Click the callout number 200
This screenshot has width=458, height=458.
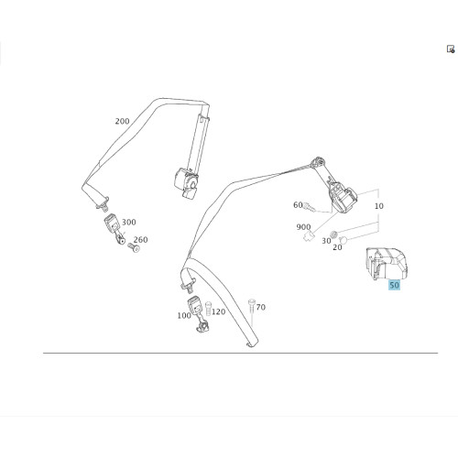(122, 121)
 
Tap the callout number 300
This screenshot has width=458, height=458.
(129, 222)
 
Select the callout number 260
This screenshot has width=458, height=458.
(140, 240)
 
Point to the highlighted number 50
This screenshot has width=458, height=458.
(394, 285)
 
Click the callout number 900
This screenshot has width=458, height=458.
(303, 227)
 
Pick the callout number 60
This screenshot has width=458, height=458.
(298, 205)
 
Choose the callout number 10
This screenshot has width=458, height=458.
(378, 206)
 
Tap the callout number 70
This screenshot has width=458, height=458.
(261, 307)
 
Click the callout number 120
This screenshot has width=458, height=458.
(218, 311)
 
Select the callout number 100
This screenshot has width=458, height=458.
(184, 315)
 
